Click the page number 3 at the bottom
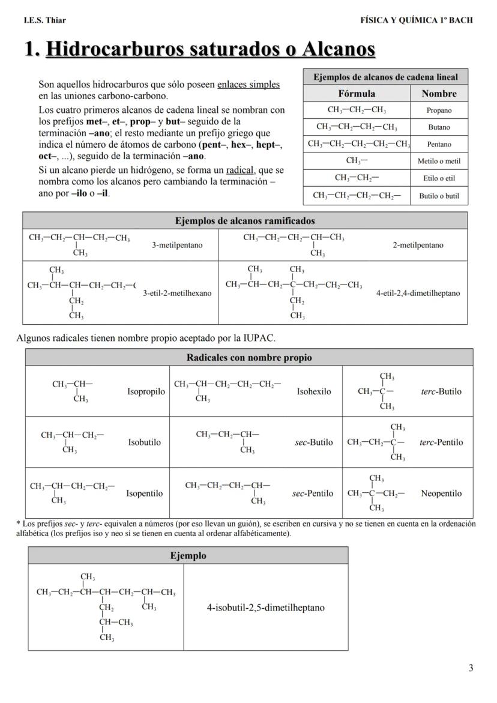[x=471, y=668]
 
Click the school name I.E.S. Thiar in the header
[x=45, y=20]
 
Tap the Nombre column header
[x=439, y=94]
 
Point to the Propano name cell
[x=439, y=110]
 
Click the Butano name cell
[x=439, y=127]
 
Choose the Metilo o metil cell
[x=439, y=161]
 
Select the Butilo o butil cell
[x=439, y=196]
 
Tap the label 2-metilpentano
[x=418, y=245]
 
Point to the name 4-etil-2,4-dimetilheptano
[x=418, y=294]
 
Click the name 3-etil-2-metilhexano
[x=177, y=294]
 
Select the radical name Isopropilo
[x=146, y=392]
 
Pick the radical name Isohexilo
[x=314, y=392]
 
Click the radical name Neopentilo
[x=441, y=493]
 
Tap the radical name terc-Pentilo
[x=441, y=442]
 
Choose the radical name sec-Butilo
[x=314, y=442]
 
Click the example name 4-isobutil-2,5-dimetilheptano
[x=265, y=608]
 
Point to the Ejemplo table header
[x=188, y=556]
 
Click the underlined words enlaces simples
[x=248, y=85]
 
